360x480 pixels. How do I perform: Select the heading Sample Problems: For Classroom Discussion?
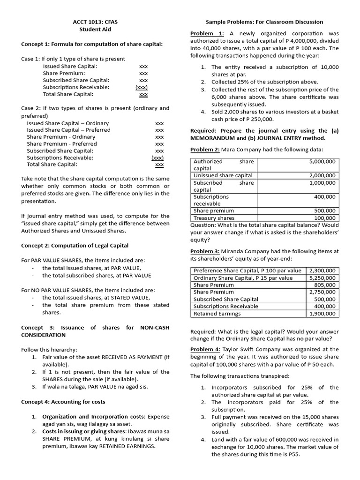[x=264, y=22]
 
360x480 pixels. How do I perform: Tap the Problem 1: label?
[x=207, y=33]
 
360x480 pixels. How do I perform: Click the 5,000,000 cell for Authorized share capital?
[x=322, y=161]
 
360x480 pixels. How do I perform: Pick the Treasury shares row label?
[x=214, y=218]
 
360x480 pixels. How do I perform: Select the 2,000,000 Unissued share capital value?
[x=322, y=175]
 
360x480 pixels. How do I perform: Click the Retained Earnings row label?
[x=217, y=314]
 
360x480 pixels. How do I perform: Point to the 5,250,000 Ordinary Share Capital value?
[x=322, y=278]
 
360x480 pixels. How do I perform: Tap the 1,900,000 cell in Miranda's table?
[x=322, y=314]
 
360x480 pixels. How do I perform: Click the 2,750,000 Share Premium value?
[x=322, y=292]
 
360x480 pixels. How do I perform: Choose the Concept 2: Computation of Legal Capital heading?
[x=75, y=246]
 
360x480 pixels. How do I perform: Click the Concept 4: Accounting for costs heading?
[x=63, y=402]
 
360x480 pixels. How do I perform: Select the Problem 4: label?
[x=205, y=349]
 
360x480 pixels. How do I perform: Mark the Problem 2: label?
[x=205, y=150]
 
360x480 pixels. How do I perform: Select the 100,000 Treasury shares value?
[x=325, y=218]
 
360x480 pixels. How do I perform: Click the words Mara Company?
[x=243, y=150]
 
